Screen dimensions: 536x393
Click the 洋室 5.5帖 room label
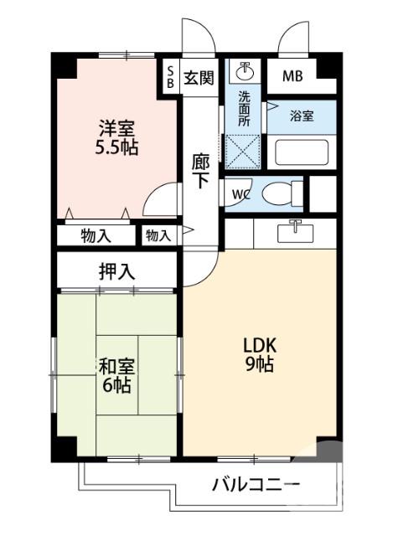click(116, 138)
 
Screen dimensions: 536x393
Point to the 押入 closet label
click(116, 271)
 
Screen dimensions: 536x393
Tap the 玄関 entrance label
click(199, 78)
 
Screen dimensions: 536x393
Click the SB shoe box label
click(168, 76)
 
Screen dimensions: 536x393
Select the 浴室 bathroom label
click(303, 116)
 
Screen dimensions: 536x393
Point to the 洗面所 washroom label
click(244, 108)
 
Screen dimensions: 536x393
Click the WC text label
click(240, 195)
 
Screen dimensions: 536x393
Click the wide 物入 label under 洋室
click(96, 235)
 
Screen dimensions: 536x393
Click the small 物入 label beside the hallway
click(158, 235)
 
